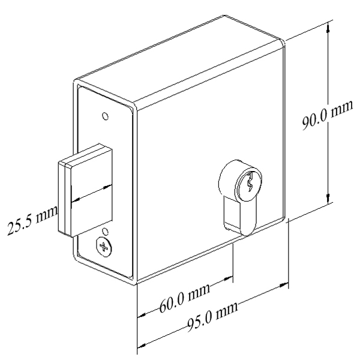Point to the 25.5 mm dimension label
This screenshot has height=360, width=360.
click(x=30, y=218)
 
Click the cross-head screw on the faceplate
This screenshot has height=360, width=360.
click(x=104, y=246)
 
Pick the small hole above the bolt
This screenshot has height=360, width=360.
click(x=106, y=115)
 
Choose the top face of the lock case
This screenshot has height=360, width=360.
click(x=180, y=66)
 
